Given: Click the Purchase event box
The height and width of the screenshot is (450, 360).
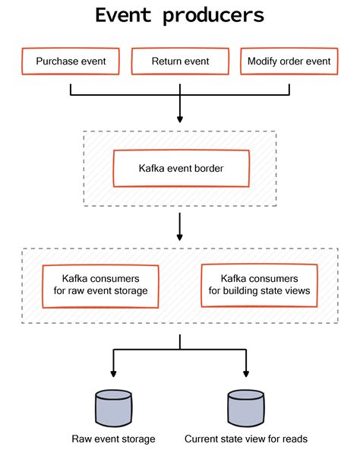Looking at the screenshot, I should pos(70,62).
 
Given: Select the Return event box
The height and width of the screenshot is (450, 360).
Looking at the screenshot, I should pos(180,62).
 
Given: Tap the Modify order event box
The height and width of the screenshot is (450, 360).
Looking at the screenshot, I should pos(289,62).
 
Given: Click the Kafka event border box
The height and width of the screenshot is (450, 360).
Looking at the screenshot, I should pos(180,168).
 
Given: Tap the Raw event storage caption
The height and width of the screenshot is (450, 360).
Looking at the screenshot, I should pos(113,439).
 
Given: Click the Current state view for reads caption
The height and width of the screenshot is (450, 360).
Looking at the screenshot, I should pos(246,439).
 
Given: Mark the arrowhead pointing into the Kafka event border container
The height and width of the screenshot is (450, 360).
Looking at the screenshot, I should pos(180,119).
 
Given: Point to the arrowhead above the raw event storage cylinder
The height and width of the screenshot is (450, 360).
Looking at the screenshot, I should pos(113,374).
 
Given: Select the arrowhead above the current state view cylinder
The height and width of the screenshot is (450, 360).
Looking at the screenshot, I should pos(246,374).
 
